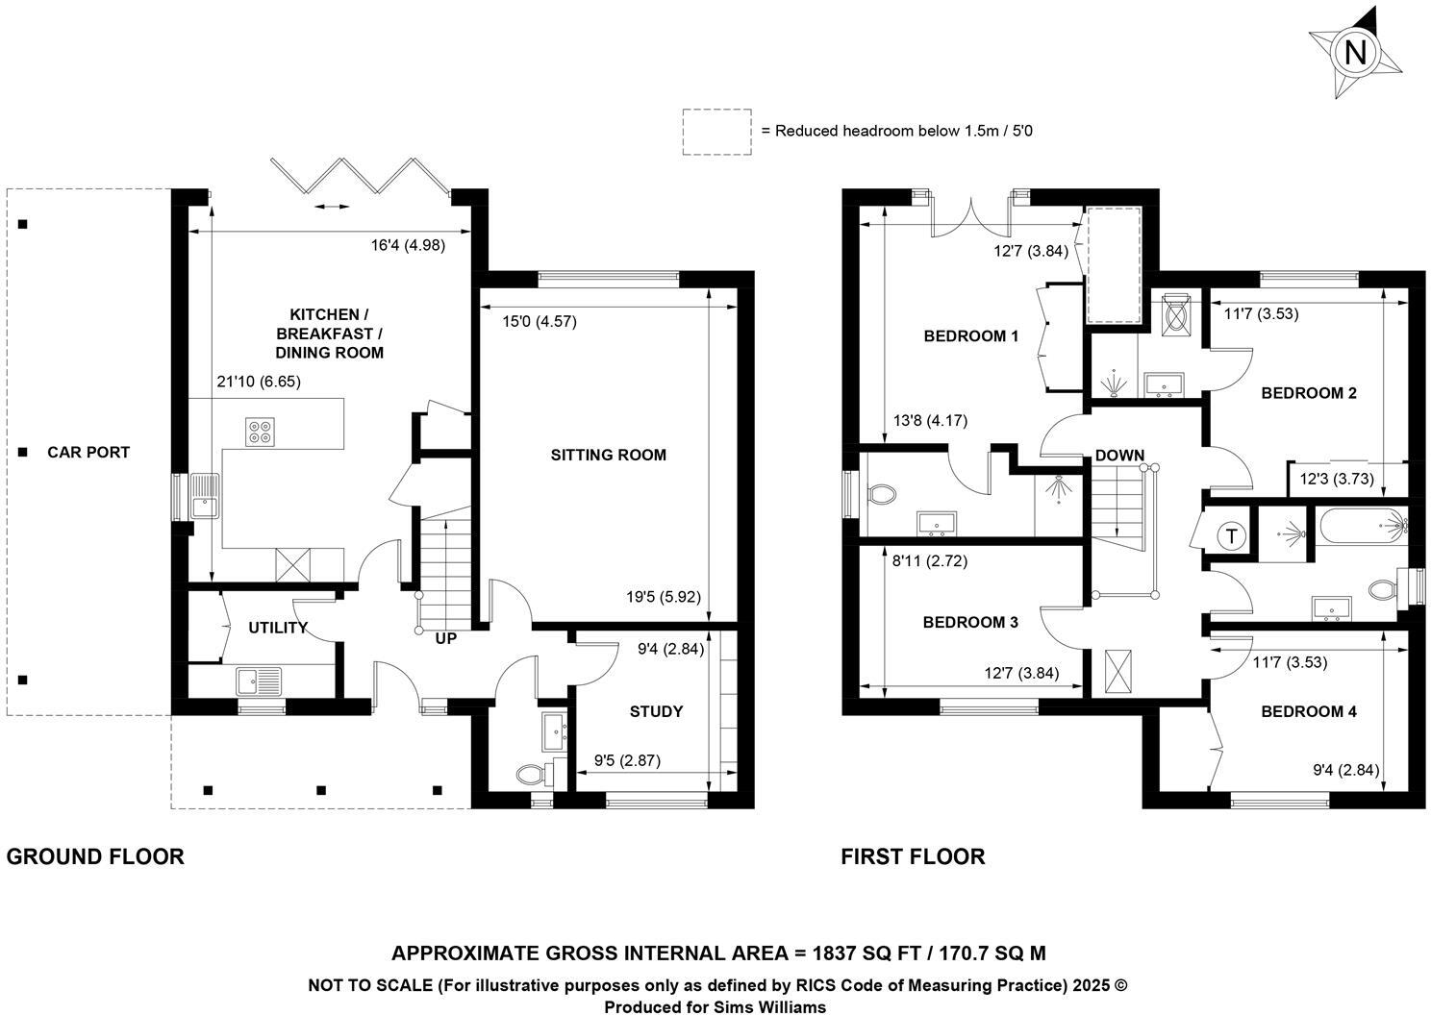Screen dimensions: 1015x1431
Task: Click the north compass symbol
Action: click(x=1354, y=52)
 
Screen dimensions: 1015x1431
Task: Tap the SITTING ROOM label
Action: click(x=608, y=455)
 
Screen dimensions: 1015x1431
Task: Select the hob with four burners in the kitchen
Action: click(x=259, y=432)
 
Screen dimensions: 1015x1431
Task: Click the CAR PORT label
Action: click(x=88, y=452)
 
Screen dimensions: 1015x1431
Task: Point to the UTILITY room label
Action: click(x=277, y=628)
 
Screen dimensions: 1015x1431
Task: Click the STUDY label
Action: click(x=656, y=711)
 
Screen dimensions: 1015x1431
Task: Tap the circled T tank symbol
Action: click(x=1231, y=536)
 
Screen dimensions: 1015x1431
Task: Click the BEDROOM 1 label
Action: click(x=970, y=335)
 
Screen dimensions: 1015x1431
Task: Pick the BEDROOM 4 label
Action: click(x=1308, y=711)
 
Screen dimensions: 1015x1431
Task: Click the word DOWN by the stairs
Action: click(x=1119, y=455)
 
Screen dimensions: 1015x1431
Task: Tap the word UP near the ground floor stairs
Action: click(x=446, y=638)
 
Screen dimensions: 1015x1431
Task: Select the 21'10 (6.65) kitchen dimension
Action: click(x=259, y=382)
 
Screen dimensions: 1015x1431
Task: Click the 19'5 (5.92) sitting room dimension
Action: click(x=664, y=597)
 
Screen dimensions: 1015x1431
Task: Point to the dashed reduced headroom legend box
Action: click(x=716, y=132)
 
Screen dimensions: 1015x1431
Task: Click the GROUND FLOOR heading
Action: click(x=95, y=856)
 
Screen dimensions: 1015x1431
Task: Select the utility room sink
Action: click(x=258, y=681)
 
